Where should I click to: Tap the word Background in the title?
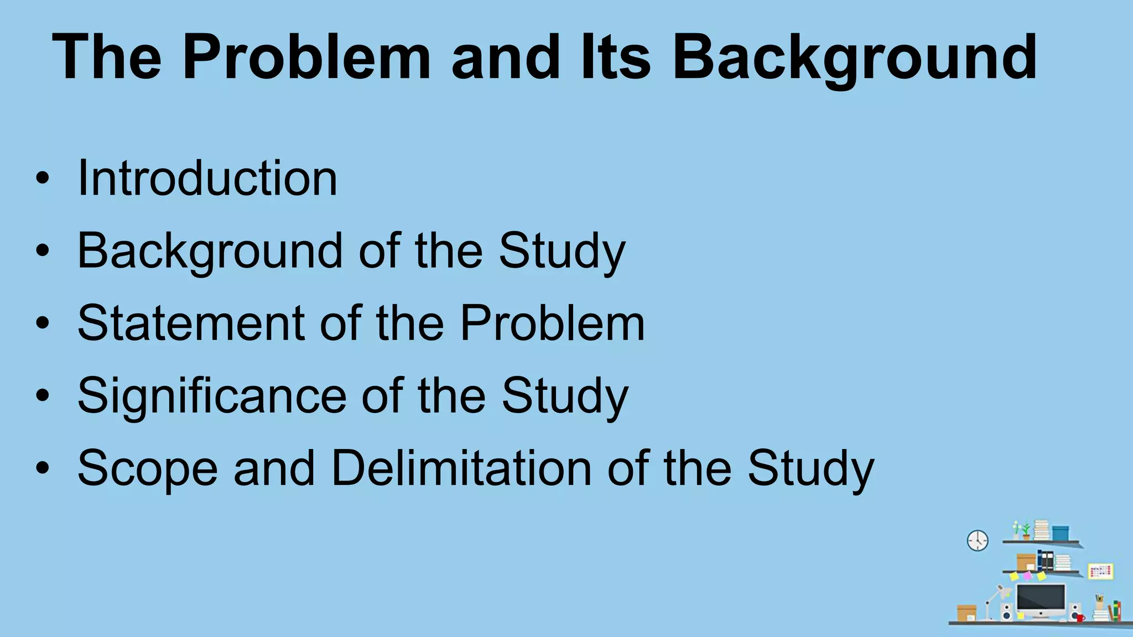854,57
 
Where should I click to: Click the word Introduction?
207,178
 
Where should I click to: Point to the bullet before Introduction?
43,179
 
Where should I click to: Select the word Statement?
190,323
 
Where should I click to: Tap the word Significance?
211,396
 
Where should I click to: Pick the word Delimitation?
461,468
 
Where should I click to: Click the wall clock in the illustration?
978,540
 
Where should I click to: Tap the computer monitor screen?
1041,598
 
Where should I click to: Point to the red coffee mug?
1079,618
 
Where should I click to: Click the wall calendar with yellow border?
1100,571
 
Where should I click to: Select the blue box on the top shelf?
1060,533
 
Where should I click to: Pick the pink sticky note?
1027,576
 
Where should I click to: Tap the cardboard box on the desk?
966,613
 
